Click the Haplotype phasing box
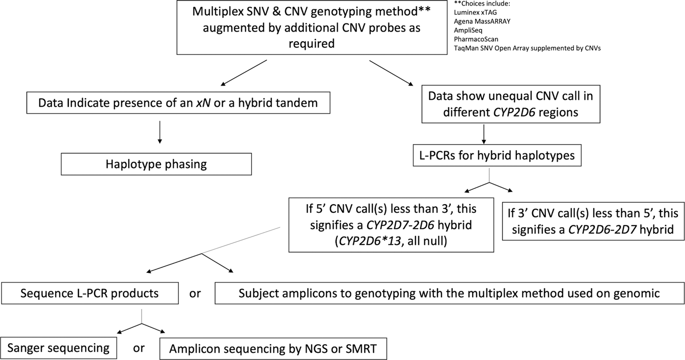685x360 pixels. (156, 164)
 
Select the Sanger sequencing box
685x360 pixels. (59, 349)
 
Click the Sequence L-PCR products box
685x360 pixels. (90, 293)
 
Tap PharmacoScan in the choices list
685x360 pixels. (473, 39)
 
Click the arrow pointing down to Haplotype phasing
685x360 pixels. (160, 133)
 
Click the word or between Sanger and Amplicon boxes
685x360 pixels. (139, 349)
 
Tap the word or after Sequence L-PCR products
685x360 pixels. (195, 294)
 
